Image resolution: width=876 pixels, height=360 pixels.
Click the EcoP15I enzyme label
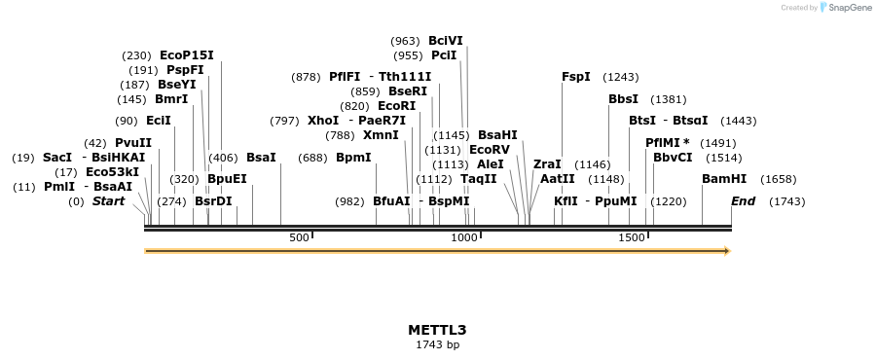[186, 55]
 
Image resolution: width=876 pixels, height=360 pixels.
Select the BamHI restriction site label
[724, 179]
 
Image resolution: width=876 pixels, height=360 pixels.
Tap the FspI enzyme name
[575, 77]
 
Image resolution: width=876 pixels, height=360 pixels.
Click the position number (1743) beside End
[786, 201]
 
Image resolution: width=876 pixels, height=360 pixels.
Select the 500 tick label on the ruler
[299, 237]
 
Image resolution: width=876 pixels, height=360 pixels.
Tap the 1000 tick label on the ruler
[464, 237]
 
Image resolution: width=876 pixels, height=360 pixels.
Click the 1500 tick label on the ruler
[632, 237]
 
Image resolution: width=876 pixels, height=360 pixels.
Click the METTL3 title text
[437, 329]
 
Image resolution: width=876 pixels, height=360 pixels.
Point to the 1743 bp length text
[437, 344]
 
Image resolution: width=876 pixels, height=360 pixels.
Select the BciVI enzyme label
[446, 41]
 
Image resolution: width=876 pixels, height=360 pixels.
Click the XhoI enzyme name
[323, 121]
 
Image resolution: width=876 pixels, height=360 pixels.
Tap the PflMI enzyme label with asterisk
[668, 142]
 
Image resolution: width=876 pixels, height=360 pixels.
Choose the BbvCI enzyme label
[673, 157]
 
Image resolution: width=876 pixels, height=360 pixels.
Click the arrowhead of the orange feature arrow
[726, 251]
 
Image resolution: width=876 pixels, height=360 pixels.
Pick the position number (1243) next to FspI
[620, 77]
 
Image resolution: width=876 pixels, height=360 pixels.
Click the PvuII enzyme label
[133, 143]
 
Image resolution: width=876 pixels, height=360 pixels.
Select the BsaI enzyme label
[261, 157]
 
